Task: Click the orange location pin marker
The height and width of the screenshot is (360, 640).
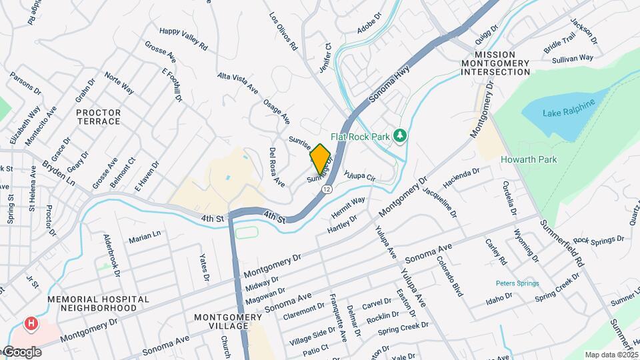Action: coord(321,158)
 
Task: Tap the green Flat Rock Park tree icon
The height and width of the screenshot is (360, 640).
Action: coord(399,136)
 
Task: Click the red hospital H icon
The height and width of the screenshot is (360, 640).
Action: coord(30,325)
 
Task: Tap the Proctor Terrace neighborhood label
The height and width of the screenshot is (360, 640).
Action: coord(98,117)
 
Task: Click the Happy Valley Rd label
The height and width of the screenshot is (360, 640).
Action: coord(184,39)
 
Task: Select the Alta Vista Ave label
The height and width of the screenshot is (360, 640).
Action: coord(237,82)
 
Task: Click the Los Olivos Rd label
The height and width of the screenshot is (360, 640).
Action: coord(283,31)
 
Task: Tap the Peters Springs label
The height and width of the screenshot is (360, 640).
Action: coord(517,283)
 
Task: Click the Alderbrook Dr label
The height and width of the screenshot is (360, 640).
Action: coord(111,254)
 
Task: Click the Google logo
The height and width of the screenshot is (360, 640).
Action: coord(21,352)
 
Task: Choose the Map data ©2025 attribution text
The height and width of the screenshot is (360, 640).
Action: coord(610,355)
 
